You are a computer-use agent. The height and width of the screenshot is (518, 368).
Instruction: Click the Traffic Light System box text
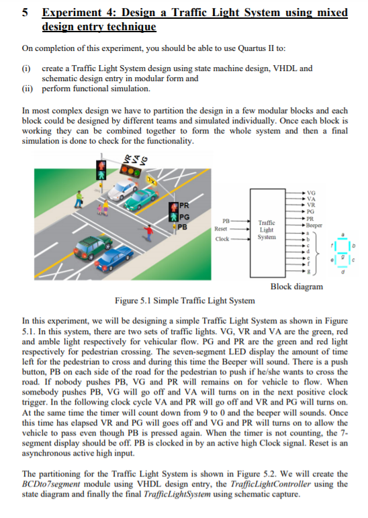point(266,229)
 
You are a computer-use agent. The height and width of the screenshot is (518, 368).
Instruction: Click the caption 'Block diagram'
point(296,287)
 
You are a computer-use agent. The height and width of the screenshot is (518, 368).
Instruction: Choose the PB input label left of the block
point(226,219)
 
